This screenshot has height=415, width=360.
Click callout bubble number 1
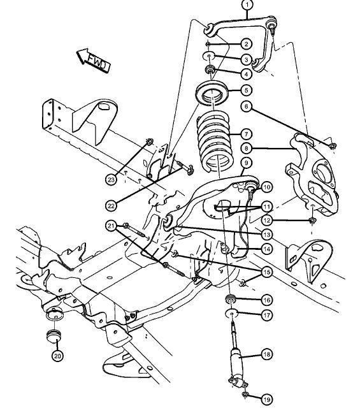point(247,4)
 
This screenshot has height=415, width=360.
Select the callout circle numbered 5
point(247,90)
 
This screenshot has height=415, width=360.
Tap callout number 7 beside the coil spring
point(247,135)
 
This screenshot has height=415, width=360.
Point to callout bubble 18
point(266,354)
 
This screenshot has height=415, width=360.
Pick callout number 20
point(57,356)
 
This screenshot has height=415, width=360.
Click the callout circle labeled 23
point(111,180)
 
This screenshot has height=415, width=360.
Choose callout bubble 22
point(111,205)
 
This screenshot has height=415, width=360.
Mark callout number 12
point(266,220)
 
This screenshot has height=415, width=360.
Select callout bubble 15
point(266,272)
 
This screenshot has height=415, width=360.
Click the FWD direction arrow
point(93,60)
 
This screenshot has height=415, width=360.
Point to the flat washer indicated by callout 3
point(210,56)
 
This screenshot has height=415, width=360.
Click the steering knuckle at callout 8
point(312,175)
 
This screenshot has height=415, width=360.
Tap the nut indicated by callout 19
point(245,395)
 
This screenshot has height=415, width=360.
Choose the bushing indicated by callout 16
point(231,299)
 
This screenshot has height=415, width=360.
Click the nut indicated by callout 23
point(150,142)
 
